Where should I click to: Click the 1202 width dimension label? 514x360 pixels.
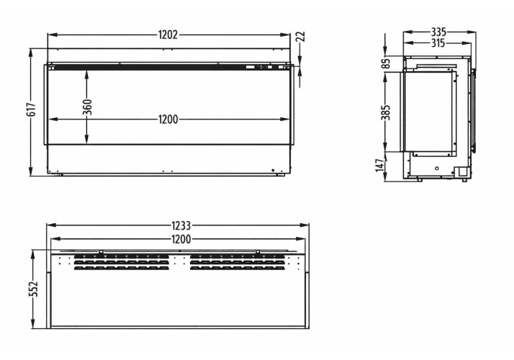(168, 35)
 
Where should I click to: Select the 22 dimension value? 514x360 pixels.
(301, 37)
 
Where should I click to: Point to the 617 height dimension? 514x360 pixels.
(31, 109)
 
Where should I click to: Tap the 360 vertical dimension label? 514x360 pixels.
(87, 107)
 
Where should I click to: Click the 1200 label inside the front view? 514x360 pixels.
(168, 120)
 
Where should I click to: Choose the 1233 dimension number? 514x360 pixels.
(181, 225)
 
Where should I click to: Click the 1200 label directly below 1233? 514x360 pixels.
(181, 239)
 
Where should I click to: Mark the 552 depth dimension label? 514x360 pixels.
(33, 289)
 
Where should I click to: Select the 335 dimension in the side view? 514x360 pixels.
(438, 32)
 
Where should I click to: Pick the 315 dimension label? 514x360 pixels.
(438, 43)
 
